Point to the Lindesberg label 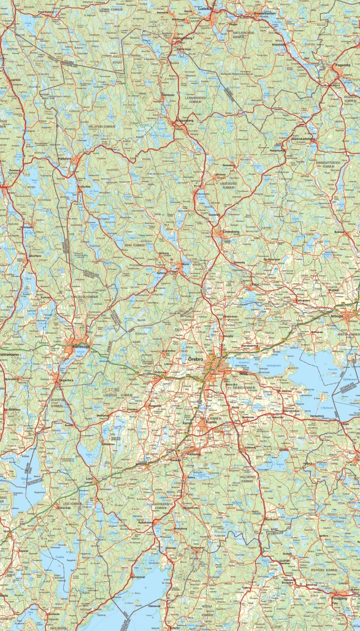coord(230,231)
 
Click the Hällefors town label coord(64,158)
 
